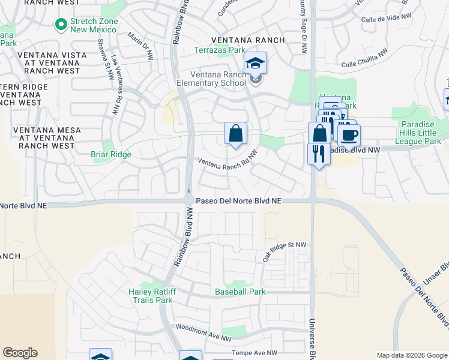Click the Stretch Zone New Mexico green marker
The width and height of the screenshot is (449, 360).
tap(60, 24)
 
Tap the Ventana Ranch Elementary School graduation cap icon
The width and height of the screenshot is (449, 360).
tap(255, 63)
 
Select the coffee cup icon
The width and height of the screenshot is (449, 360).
tap(348, 135)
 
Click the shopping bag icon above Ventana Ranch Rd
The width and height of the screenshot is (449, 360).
tap(236, 134)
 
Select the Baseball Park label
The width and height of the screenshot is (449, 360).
tap(240, 292)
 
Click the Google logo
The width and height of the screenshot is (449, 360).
tap(20, 353)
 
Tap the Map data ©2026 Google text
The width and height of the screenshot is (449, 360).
tap(411, 355)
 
